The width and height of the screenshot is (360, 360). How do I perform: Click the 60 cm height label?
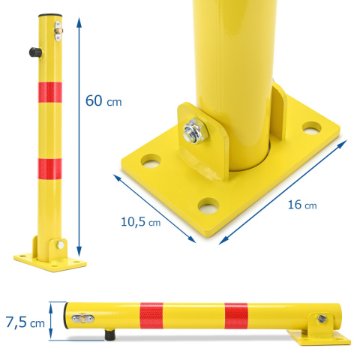pyautogui.click(x=103, y=100)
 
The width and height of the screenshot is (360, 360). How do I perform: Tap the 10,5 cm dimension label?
pyautogui.click(x=140, y=222)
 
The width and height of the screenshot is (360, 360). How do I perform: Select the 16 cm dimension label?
pyautogui.click(x=302, y=205)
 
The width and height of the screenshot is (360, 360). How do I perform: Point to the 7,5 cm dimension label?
pyautogui.click(x=25, y=322)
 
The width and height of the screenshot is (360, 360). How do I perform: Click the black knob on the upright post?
pyautogui.click(x=34, y=52)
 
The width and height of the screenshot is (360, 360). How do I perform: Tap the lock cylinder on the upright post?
pyautogui.click(x=58, y=31)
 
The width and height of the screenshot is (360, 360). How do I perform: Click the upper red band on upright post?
pyautogui.click(x=50, y=92)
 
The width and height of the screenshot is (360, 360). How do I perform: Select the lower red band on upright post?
pyautogui.click(x=50, y=169)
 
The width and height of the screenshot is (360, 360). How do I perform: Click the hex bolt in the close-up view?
pyautogui.click(x=196, y=132)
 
